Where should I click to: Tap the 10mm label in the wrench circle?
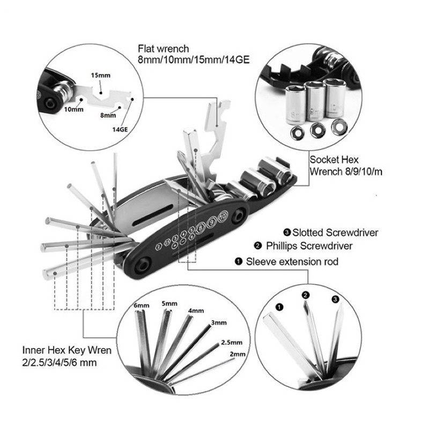pyautogui.click(x=73, y=109)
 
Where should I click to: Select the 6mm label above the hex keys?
pyautogui.click(x=142, y=306)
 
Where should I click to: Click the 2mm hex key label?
pyautogui.click(x=236, y=354)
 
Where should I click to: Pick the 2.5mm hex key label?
pyautogui.click(x=232, y=342)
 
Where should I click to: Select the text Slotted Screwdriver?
pyautogui.click(x=335, y=232)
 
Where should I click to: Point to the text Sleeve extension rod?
pyautogui.click(x=292, y=262)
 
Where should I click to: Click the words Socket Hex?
pyautogui.click(x=333, y=160)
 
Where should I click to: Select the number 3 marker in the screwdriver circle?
pyautogui.click(x=335, y=299)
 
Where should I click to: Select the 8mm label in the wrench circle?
pyautogui.click(x=108, y=115)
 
